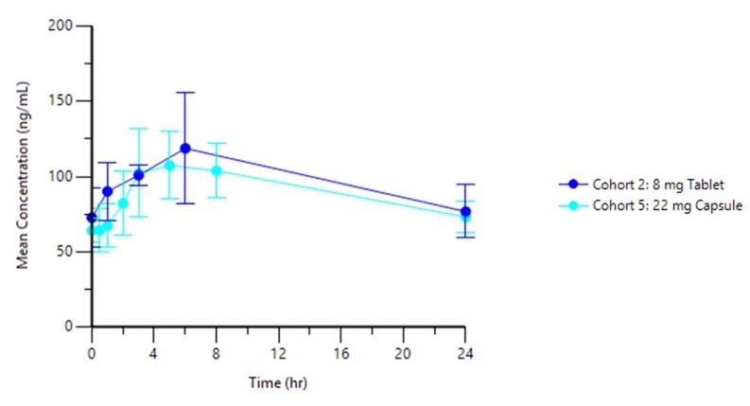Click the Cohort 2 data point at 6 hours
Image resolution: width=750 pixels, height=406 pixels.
185,149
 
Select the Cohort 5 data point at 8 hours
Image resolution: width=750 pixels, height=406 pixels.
217,171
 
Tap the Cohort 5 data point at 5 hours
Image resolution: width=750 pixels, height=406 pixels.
170,166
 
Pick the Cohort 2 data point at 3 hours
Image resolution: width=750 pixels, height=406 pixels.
139,175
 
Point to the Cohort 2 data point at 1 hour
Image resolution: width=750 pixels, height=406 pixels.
108,191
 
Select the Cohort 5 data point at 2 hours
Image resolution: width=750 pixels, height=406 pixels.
123,203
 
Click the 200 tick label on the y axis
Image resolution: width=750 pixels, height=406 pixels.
62,26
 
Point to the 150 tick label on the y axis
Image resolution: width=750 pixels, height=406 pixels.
62,101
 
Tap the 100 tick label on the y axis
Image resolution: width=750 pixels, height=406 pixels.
62,176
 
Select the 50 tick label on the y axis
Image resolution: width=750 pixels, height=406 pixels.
65,252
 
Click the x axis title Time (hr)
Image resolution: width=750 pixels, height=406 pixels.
278,383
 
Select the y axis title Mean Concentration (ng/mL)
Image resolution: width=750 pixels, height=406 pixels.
24,176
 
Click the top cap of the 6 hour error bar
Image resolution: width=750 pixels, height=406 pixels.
185,93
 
